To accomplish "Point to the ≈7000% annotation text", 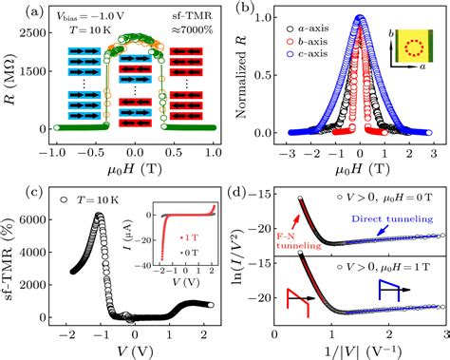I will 201,42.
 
